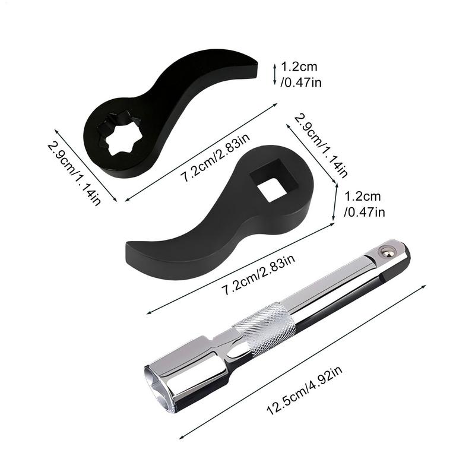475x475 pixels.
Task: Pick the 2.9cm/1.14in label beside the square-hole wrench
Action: [x=321, y=145]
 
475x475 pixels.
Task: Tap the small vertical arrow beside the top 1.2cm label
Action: [x=274, y=74]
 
